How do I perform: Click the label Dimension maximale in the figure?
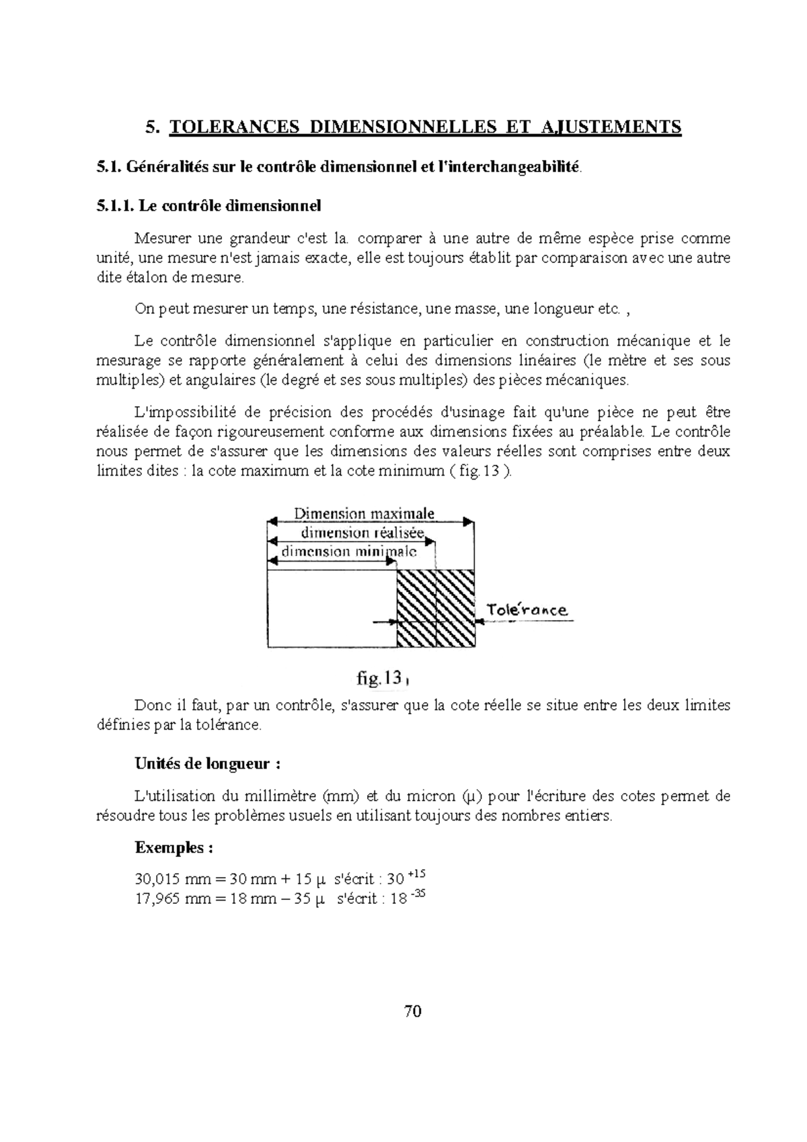tap(364, 514)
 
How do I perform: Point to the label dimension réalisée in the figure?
tap(362, 533)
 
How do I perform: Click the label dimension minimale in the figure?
tap(348, 551)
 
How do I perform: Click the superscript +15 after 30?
tap(417, 874)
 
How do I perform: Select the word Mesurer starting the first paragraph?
tap(161, 238)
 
